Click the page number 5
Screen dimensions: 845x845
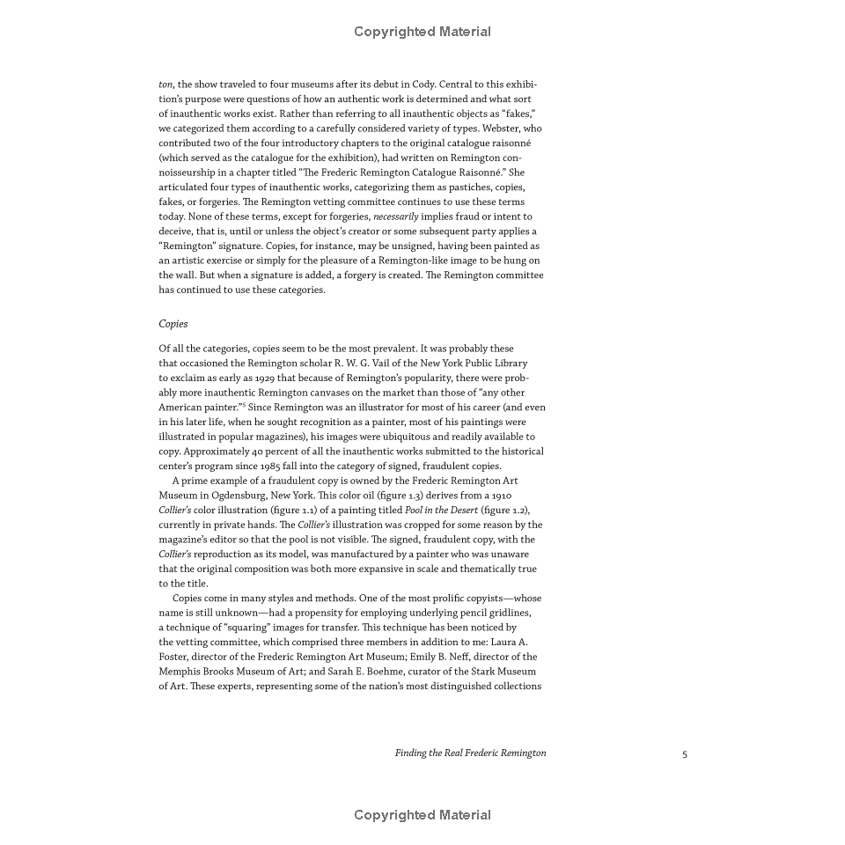[x=685, y=753]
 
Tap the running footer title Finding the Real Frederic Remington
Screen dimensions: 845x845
[x=470, y=753]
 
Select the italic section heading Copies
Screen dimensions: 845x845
[x=173, y=324]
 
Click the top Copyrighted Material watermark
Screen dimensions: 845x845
[x=422, y=32]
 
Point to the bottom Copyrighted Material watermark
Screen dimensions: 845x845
[x=422, y=815]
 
